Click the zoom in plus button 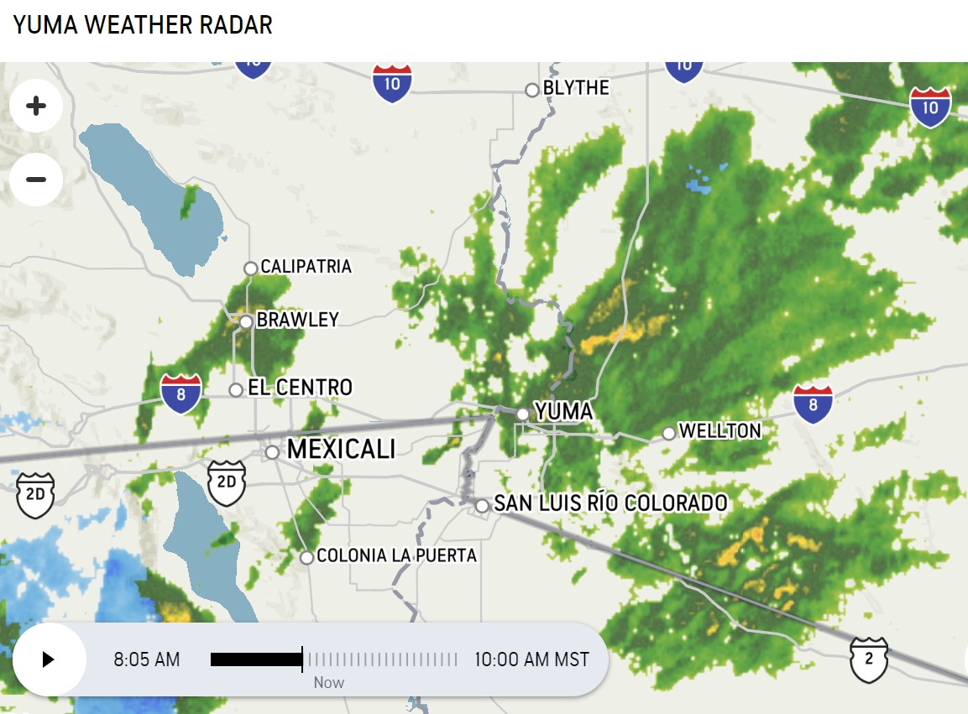point(36,106)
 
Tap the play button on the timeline point(49,659)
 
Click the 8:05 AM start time point(147,659)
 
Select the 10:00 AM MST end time point(531,659)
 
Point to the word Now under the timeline point(329,683)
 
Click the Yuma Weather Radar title point(143,25)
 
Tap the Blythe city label point(576,87)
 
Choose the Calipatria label point(306,267)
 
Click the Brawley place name point(297,320)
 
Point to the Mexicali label point(341,449)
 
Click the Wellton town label point(719,431)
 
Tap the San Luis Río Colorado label point(610,503)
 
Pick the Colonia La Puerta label point(396,555)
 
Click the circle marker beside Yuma point(523,414)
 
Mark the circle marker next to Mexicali point(272,452)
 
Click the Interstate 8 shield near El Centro point(181,393)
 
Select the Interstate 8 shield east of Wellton point(813,404)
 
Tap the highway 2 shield point(869,658)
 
